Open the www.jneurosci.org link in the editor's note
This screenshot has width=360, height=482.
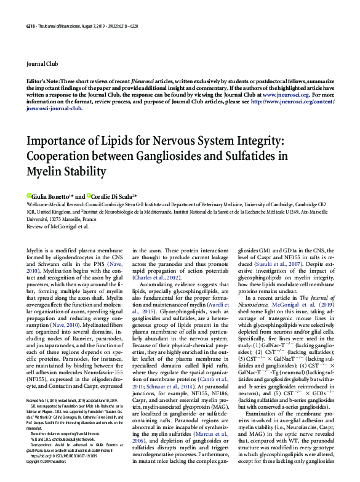pyautogui.click(x=284, y=96)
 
